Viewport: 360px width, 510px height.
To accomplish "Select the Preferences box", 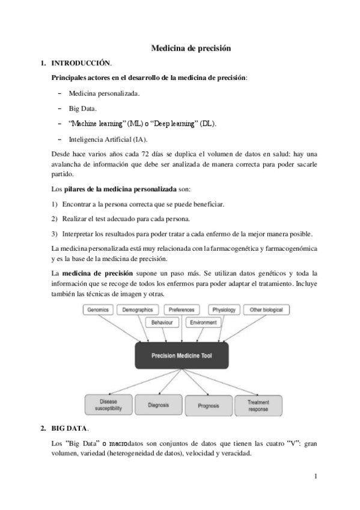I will click(x=181, y=310).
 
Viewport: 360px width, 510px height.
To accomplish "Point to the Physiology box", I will click(x=224, y=310).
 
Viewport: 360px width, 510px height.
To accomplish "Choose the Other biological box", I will click(x=266, y=310).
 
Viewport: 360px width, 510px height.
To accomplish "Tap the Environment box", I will click(x=203, y=322).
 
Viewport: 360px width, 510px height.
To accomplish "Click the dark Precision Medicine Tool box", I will click(x=181, y=355).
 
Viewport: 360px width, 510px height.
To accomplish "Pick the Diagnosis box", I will click(x=158, y=405).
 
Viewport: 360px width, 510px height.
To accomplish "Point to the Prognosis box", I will click(x=208, y=405).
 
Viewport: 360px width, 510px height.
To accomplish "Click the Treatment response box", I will click(x=258, y=405).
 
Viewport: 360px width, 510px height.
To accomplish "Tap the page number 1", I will click(x=315, y=477).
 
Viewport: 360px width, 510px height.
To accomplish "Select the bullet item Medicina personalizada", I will click(x=104, y=94).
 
